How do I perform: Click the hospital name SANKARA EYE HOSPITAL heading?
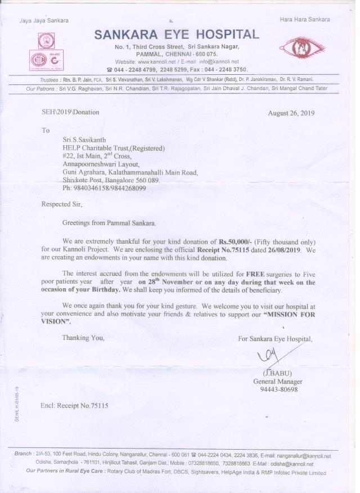point(177,34)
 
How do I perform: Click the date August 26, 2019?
point(291,113)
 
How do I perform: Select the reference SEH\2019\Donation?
point(70,112)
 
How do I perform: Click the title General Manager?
point(278,382)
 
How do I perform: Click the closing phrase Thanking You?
point(83,338)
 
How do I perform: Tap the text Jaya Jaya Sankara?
point(44,20)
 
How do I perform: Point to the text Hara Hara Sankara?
point(305,20)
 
